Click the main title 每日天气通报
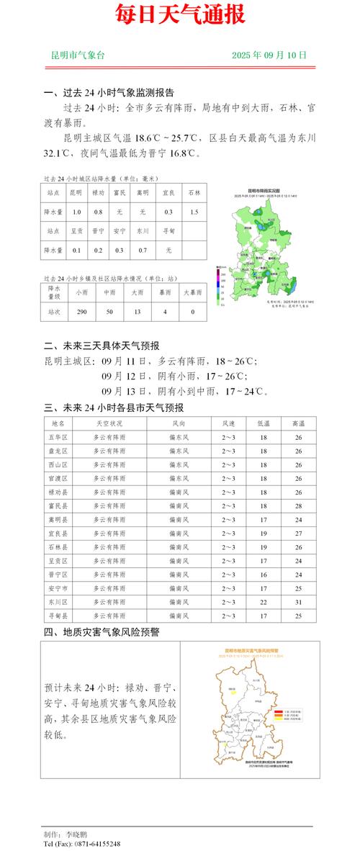(180, 14)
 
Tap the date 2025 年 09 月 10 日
(269, 55)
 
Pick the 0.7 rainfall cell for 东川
(143, 250)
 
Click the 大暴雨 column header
(192, 292)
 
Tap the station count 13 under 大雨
(137, 312)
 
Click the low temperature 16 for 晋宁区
(263, 575)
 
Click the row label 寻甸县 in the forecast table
(58, 616)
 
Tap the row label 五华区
(58, 438)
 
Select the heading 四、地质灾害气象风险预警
(102, 632)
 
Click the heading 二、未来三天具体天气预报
(102, 346)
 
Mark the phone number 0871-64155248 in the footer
(91, 844)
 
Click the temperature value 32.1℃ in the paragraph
(58, 153)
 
